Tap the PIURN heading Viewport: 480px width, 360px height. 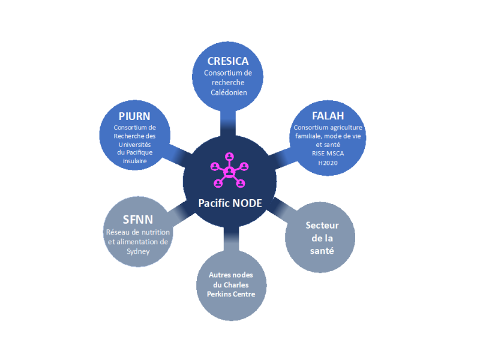[134, 116]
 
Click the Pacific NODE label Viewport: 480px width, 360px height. [230, 203]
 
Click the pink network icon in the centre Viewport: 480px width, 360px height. [230, 170]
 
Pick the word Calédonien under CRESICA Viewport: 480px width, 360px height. [229, 92]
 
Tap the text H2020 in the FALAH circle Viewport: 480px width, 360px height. [328, 163]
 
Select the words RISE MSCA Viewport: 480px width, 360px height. [328, 154]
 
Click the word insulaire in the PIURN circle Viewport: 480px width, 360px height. [135, 161]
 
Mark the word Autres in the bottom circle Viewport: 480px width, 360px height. [218, 274]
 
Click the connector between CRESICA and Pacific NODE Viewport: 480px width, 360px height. [230, 124]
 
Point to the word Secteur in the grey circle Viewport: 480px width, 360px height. [322, 226]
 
